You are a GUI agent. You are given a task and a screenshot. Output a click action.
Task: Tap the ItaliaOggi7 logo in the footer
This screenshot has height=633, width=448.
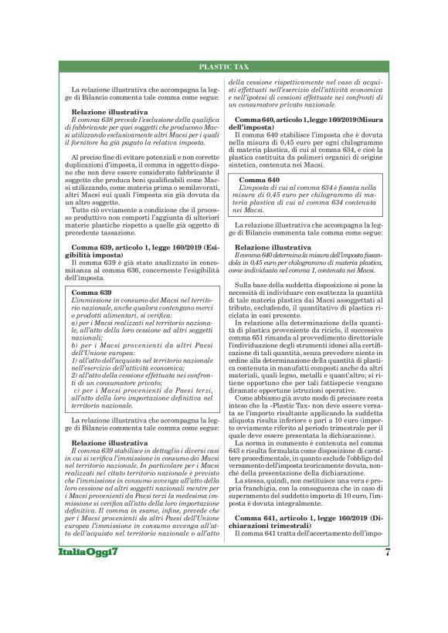pos(90,596)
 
